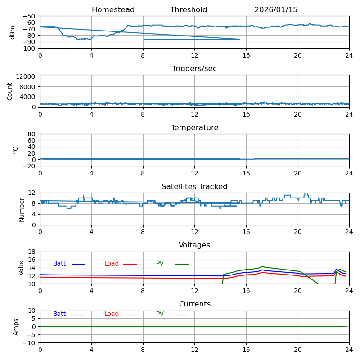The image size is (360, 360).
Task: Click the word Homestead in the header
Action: [x=113, y=10]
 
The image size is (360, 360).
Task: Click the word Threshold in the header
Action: [x=189, y=10]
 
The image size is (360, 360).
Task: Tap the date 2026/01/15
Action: [x=276, y=10]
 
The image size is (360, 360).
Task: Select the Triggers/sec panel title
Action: [x=194, y=69]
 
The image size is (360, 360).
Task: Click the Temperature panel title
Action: [x=194, y=128]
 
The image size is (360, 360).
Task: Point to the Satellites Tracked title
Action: [x=194, y=187]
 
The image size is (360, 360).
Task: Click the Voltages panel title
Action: [x=194, y=245]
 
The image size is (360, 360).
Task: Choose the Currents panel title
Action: [x=194, y=304]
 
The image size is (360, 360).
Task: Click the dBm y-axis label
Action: [x=13, y=32]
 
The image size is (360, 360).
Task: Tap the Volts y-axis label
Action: [x=22, y=268]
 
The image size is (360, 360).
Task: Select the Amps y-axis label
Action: [x=16, y=327]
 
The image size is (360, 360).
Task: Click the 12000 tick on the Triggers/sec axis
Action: [x=27, y=77]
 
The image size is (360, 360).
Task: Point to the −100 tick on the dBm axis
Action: [x=27, y=49]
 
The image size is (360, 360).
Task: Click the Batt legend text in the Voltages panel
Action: [x=59, y=264]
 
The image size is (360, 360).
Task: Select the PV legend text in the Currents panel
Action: [x=160, y=314]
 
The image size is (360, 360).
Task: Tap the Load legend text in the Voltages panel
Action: [x=112, y=264]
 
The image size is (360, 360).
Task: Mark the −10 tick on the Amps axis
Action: [x=30, y=343]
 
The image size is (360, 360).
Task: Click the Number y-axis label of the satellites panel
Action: [x=22, y=209]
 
